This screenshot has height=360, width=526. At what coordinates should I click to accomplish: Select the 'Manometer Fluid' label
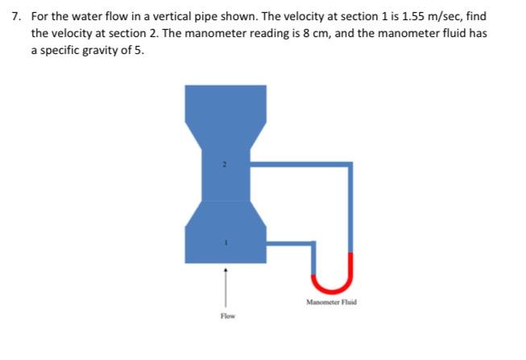click(x=331, y=303)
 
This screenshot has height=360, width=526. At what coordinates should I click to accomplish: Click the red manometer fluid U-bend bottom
click(x=333, y=288)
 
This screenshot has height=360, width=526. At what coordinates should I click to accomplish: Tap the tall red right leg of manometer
click(x=351, y=266)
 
